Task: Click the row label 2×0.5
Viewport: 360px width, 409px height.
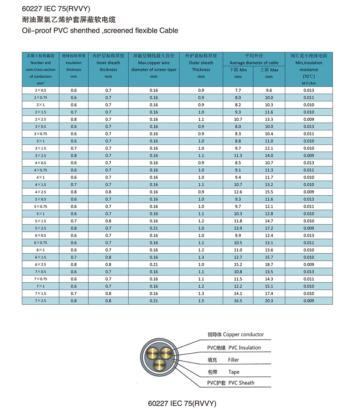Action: [x=40, y=90]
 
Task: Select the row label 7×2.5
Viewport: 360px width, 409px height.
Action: [x=40, y=301]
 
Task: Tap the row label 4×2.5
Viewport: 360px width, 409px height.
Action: [x=40, y=192]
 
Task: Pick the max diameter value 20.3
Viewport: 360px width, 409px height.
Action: [x=269, y=301]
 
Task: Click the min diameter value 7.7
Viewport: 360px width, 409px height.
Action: [x=238, y=90]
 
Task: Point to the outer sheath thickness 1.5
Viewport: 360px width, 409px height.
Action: [x=201, y=301]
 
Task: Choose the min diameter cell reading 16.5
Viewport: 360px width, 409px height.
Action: [x=238, y=301]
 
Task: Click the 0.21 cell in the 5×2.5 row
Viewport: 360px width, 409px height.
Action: [x=154, y=228]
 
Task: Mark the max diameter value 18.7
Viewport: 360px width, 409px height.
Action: [x=269, y=265]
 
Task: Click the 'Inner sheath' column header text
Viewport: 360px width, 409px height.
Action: [x=108, y=63]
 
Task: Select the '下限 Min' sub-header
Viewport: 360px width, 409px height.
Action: [x=238, y=70]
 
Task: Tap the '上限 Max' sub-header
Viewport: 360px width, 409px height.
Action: [x=269, y=70]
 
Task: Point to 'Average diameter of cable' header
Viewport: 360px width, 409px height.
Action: [x=254, y=63]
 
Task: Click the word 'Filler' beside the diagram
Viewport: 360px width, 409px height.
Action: [x=233, y=360]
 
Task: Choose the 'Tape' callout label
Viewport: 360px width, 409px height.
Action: [x=234, y=372]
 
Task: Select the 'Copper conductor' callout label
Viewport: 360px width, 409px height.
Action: [x=243, y=334]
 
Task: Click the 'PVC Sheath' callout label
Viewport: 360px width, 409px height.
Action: [x=241, y=383]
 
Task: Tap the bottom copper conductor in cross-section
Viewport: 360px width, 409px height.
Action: [x=159, y=364]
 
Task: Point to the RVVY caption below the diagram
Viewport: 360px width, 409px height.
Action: [x=182, y=403]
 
